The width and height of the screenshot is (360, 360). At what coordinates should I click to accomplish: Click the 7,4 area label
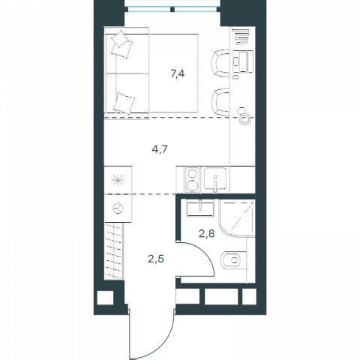pos(178,73)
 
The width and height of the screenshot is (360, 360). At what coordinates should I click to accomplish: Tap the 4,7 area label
pos(160,149)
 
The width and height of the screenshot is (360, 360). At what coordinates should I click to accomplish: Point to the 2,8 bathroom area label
pos(207,234)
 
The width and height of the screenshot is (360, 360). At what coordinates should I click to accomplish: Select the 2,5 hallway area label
pos(156,259)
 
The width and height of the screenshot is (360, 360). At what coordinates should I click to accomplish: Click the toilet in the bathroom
pos(234,260)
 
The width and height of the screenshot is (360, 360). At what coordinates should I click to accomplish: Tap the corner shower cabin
pos(237,218)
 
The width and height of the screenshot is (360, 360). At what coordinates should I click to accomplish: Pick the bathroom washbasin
pos(200,208)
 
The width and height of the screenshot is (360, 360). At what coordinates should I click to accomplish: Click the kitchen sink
pos(215,179)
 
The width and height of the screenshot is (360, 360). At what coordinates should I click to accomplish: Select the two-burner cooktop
pos(192,180)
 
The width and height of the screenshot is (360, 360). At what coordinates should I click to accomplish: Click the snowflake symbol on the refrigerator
pos(118,181)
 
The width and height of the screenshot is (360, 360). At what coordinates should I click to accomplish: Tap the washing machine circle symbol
pos(118,208)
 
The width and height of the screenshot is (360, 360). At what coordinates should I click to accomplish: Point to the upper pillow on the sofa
pos(121,44)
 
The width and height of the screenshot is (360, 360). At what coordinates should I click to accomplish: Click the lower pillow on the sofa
pos(124,103)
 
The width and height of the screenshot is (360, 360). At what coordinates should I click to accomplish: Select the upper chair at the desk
pos(220,63)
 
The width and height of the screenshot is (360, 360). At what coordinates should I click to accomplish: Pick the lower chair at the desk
pos(220,102)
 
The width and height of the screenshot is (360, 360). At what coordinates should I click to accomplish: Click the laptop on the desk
pos(242,61)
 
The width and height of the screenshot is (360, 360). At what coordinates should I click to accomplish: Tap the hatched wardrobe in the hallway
pos(114,251)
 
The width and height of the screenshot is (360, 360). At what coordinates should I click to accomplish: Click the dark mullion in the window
pos(172,10)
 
